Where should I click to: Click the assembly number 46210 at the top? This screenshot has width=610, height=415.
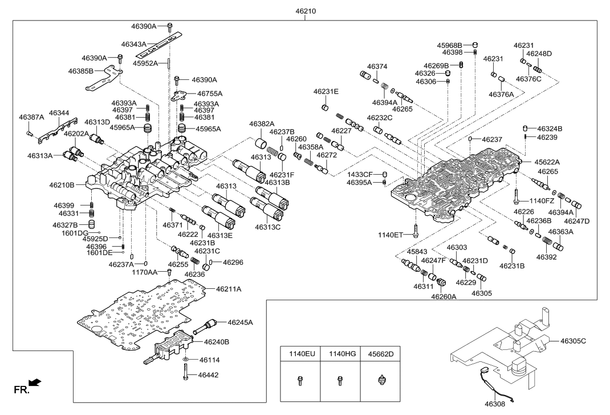click(306, 10)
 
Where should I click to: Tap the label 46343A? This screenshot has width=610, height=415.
click(134, 44)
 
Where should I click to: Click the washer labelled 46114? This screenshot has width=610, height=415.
click(186, 360)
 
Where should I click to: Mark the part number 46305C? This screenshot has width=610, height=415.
click(573, 341)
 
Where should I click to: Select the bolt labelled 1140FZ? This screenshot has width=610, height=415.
click(517, 196)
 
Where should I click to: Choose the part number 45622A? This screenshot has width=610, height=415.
click(546, 162)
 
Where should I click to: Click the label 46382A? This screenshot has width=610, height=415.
click(262, 124)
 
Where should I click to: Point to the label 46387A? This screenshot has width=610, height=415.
click(31, 117)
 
